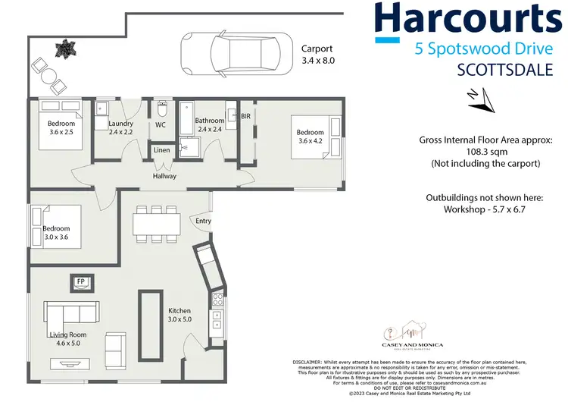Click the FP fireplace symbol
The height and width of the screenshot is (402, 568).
coord(80,282)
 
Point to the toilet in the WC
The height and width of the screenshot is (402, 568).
coord(161,108)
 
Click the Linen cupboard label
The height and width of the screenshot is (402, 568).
coord(161,150)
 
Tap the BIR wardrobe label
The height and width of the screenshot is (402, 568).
coord(245,116)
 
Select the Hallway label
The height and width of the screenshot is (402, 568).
coord(164,176)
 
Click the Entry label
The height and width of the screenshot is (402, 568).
coord(204,221)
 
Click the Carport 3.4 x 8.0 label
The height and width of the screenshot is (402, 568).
coord(317,54)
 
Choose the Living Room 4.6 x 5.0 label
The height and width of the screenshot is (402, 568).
coord(67,339)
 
